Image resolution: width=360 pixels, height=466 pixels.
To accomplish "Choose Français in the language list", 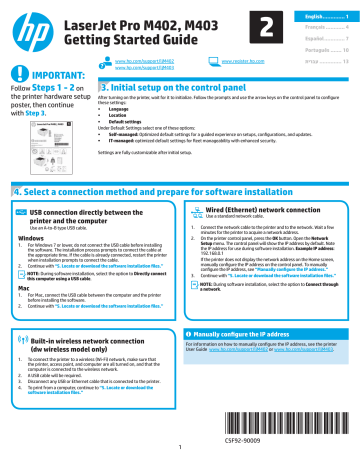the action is tap(315, 20).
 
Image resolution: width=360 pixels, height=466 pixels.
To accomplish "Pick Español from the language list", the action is tap(315, 33).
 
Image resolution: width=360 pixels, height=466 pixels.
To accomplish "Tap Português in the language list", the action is tap(315, 47).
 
